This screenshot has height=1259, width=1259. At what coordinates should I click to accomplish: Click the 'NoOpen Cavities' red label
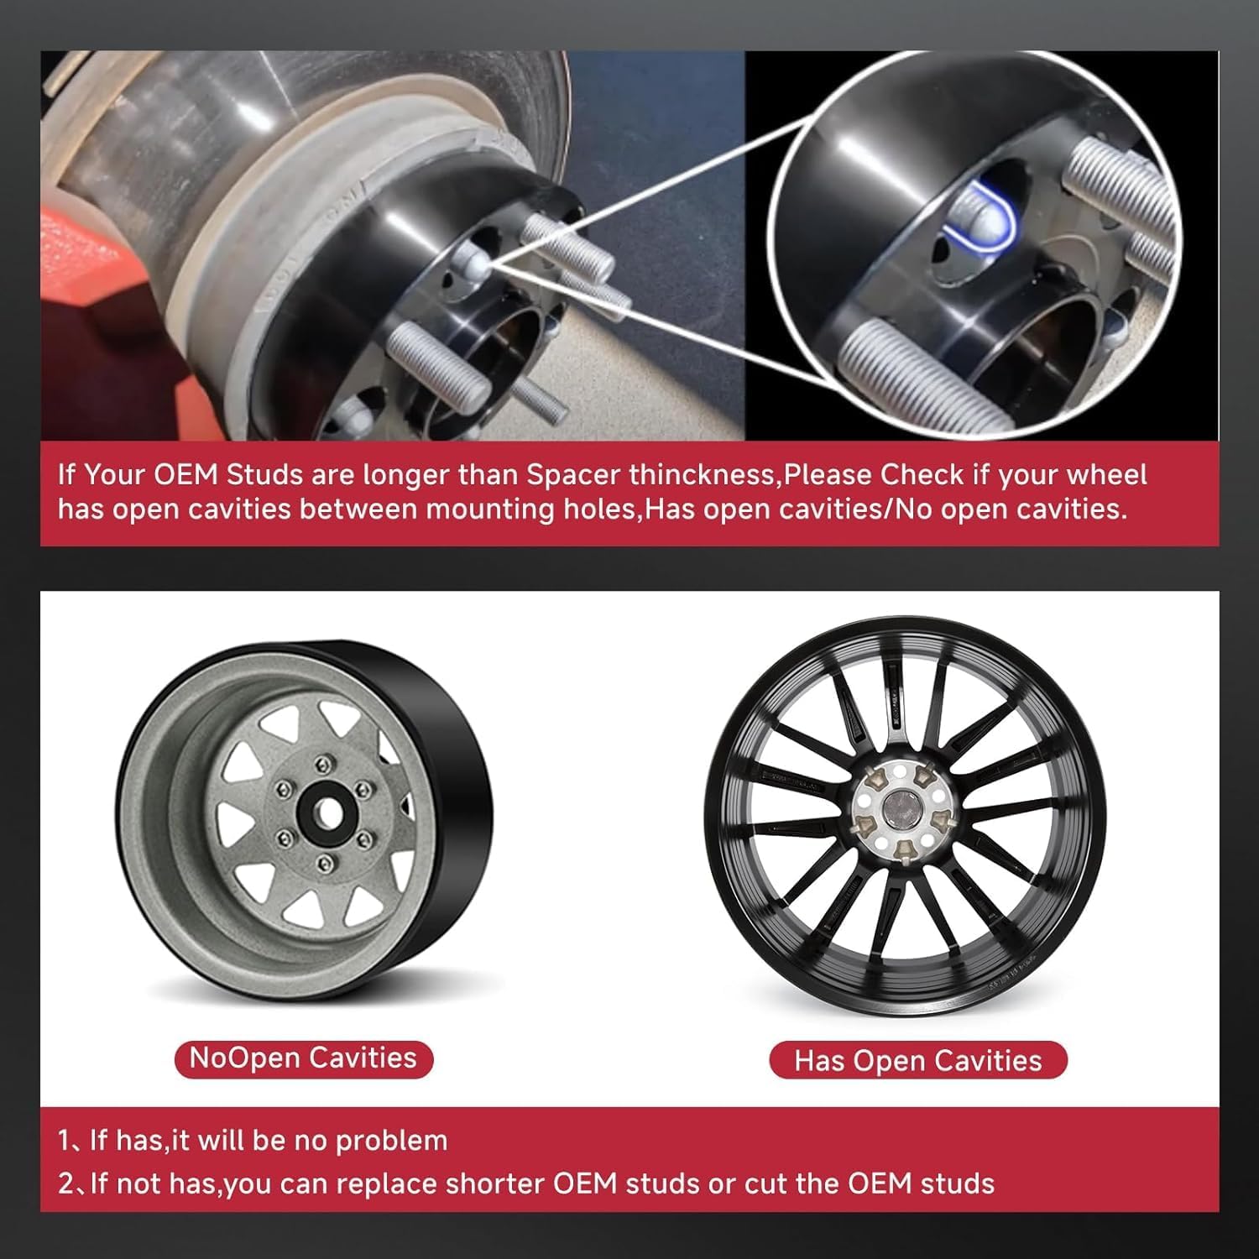tap(303, 1058)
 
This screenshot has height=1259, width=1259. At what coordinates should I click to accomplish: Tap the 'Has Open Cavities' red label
tap(917, 1061)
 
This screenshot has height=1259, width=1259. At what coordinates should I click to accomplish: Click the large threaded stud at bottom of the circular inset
tap(898, 369)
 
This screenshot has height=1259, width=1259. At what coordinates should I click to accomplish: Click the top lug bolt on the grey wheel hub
tap(324, 764)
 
